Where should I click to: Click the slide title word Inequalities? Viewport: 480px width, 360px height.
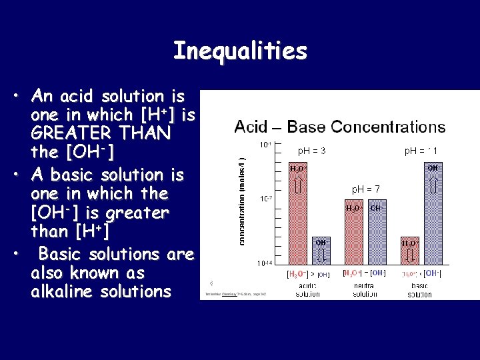240,51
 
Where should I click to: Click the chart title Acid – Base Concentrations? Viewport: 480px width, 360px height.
339,127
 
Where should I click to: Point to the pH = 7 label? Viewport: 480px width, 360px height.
365,190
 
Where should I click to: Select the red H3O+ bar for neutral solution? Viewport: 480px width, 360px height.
354,237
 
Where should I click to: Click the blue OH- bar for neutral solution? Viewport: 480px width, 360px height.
377,237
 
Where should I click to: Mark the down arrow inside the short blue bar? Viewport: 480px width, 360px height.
321,256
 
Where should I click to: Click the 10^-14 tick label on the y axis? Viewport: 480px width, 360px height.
265,263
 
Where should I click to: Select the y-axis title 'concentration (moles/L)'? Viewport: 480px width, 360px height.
243,200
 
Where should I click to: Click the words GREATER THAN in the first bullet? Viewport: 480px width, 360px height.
101,134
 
